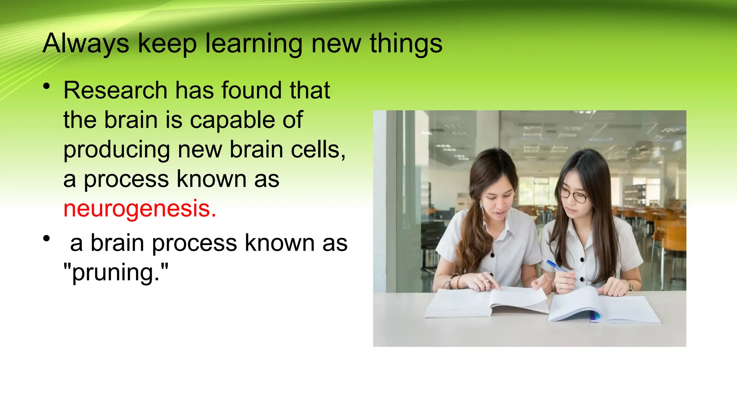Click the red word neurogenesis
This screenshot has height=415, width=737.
click(x=139, y=209)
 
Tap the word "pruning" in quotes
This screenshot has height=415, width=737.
click(x=116, y=273)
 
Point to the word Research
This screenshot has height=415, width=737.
click(x=116, y=90)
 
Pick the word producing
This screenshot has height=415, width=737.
click(x=117, y=150)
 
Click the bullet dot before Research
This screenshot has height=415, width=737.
click(x=46, y=86)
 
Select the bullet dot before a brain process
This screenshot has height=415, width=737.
click(x=46, y=238)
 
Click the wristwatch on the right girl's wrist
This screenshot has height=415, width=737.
click(x=630, y=286)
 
